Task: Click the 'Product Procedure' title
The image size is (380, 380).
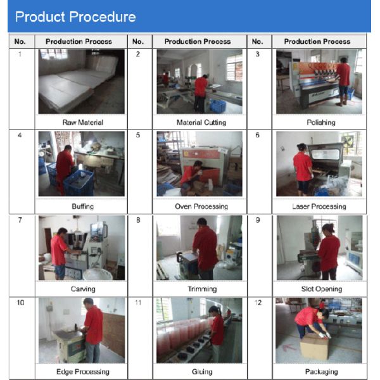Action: [75, 17]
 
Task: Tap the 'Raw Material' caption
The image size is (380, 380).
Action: [83, 122]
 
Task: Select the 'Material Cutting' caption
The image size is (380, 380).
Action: [201, 122]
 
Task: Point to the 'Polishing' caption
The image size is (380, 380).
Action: [321, 122]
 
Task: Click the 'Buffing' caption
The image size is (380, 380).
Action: [82, 206]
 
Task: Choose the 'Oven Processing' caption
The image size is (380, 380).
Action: [201, 206]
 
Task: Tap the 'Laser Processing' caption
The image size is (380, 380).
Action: [319, 206]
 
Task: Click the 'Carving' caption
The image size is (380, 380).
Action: [83, 289]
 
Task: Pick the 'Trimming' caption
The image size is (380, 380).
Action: [202, 289]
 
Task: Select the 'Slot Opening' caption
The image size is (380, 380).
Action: [322, 289]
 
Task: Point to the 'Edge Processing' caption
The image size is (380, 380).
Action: [83, 372]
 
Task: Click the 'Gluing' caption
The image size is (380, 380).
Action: [202, 372]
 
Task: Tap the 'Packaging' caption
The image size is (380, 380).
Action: [321, 372]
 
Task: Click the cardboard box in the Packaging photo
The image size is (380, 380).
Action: [315, 346]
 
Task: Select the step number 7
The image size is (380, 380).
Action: [20, 220]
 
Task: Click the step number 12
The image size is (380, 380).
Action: [258, 303]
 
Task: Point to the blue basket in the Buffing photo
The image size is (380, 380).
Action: [79, 183]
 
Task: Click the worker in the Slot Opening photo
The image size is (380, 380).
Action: [328, 251]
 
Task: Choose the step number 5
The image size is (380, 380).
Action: [138, 135]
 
